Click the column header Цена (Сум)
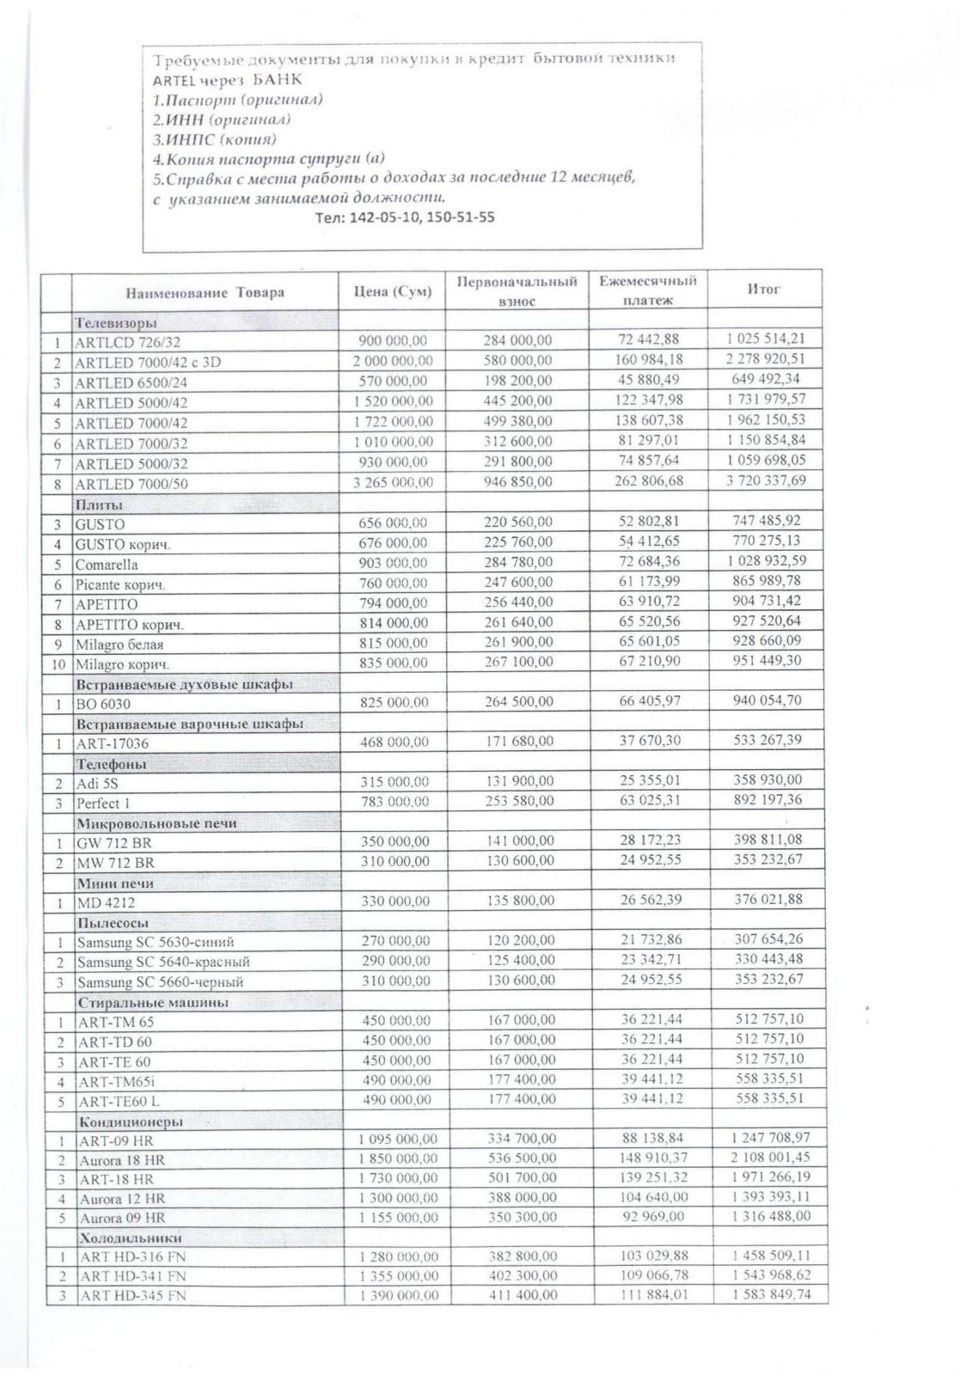tap(393, 292)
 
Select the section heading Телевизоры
tap(116, 323)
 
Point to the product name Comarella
tap(107, 565)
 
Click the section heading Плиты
tap(99, 504)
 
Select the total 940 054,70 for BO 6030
tap(767, 700)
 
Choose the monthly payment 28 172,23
tap(650, 840)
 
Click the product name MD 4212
tap(107, 902)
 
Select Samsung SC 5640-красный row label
tap(163, 962)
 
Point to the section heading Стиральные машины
tap(153, 1002)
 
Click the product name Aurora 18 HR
tap(123, 1159)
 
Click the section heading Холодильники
tap(130, 1238)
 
